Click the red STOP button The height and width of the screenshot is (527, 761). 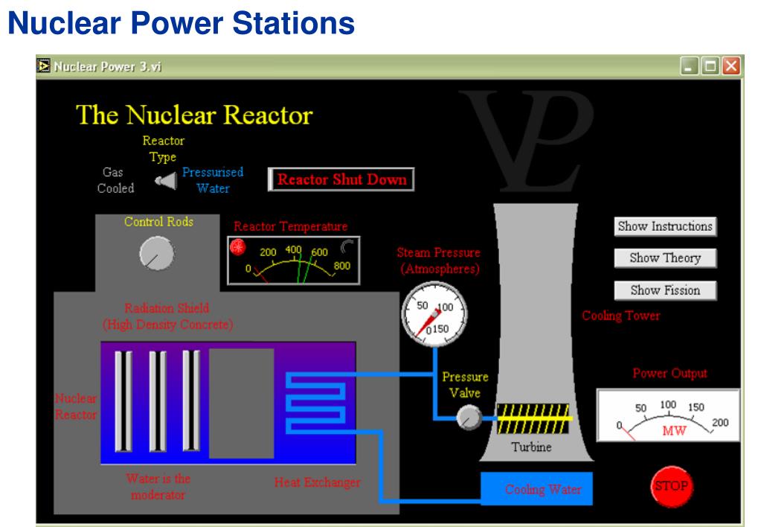672,486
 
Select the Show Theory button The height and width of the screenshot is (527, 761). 665,258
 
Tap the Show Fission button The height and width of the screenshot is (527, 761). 665,290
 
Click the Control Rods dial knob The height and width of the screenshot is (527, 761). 156,253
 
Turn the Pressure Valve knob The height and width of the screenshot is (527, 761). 469,418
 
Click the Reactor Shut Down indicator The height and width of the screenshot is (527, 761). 341,179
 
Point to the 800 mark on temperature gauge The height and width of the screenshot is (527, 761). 341,266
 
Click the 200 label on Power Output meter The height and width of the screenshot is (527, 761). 720,423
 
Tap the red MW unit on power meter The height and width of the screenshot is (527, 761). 674,430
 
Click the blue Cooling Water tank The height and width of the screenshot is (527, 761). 536,488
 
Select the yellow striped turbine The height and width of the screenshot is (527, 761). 533,418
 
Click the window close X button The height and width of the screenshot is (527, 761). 731,66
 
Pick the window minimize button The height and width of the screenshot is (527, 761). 689,66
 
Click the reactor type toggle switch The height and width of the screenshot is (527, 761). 166,181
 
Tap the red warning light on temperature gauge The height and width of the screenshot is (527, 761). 238,246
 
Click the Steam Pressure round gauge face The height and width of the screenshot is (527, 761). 434,314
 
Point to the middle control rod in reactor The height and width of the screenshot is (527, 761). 157,401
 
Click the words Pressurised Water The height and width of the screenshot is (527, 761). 213,180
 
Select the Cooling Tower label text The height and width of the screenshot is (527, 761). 620,316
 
